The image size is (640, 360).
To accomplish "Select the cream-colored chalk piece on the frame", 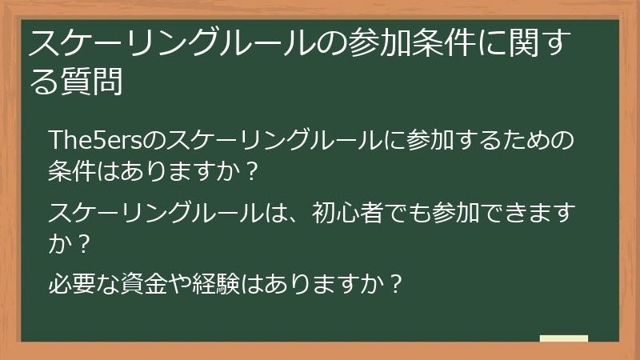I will pos(564,339).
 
